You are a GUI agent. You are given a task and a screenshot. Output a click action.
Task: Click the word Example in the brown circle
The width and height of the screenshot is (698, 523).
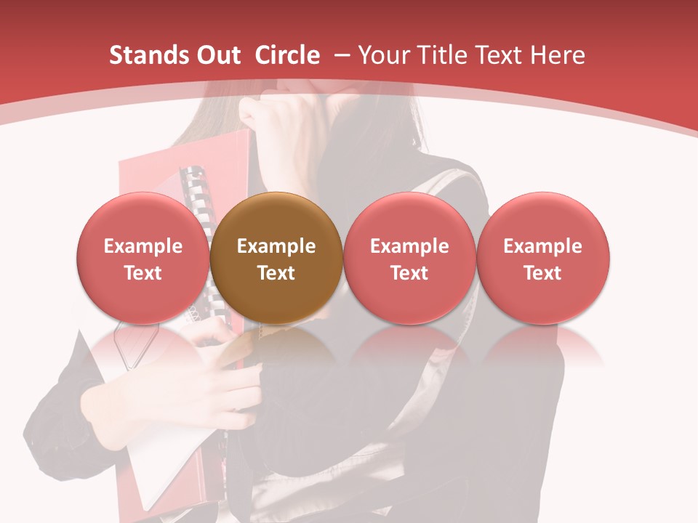pyautogui.click(x=276, y=246)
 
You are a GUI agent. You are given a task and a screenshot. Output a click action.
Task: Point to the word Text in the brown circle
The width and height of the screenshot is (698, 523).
pyautogui.click(x=276, y=273)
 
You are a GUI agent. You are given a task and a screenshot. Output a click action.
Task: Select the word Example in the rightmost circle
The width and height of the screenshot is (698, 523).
pyautogui.click(x=543, y=246)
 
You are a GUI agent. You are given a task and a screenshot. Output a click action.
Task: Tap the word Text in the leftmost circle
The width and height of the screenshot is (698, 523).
pyautogui.click(x=143, y=273)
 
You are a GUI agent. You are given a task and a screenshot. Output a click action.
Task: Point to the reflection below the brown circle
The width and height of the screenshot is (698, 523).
pyautogui.click(x=276, y=349)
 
